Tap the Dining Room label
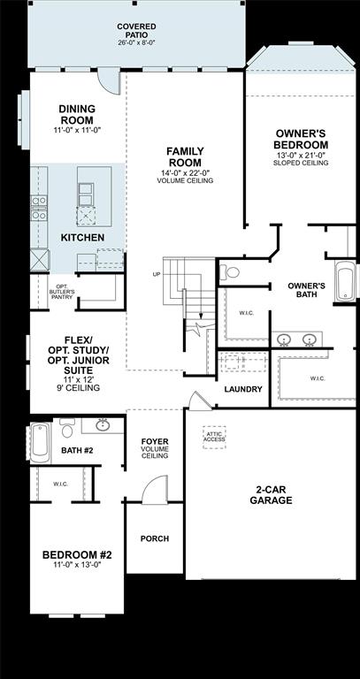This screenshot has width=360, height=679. click(x=77, y=114)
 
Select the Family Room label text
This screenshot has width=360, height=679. click(x=186, y=156)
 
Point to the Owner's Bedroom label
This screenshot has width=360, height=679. click(x=302, y=139)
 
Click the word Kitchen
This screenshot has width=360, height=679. click(x=82, y=239)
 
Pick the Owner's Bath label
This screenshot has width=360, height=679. click(x=306, y=291)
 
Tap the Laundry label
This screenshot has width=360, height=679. click(x=243, y=390)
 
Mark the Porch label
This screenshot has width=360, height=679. click(x=155, y=539)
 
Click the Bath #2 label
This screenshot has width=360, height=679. click(x=78, y=450)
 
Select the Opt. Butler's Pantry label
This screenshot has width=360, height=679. click(x=61, y=291)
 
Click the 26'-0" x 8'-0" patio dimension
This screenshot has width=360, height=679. click(x=136, y=42)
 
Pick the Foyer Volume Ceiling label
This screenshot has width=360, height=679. click(x=155, y=448)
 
